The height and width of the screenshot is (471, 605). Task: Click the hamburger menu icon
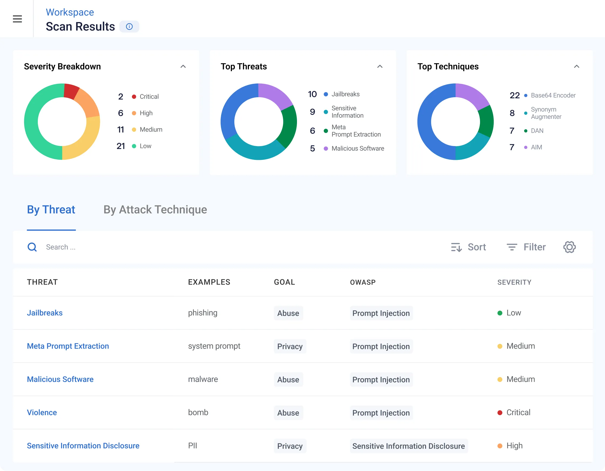[17, 19]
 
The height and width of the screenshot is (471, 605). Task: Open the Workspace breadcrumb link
[70, 12]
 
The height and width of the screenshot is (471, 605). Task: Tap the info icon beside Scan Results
[129, 26]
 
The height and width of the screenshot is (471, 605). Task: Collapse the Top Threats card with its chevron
[380, 66]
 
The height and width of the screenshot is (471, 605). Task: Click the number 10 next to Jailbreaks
[312, 94]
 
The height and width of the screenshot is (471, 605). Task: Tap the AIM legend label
[536, 147]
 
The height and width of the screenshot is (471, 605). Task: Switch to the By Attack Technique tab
[155, 210]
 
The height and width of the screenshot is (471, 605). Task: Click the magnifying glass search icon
[32, 247]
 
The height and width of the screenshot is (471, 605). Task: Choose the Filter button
[526, 247]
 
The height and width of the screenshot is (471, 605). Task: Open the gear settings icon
[569, 247]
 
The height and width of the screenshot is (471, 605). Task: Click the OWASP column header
[363, 282]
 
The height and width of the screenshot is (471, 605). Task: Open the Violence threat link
[42, 412]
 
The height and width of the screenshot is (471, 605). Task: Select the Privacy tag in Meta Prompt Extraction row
[290, 346]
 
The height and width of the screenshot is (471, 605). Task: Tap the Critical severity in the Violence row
[518, 412]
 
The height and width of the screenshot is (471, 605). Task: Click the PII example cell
[192, 446]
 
